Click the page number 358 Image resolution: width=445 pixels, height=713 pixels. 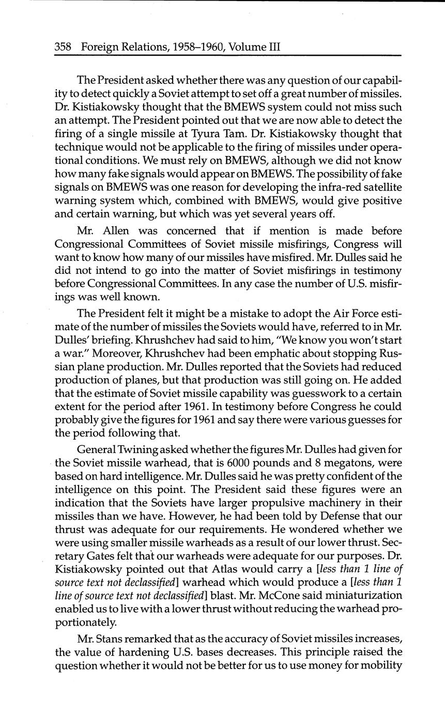pos(63,47)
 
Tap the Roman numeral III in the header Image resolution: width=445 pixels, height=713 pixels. pos(272,47)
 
